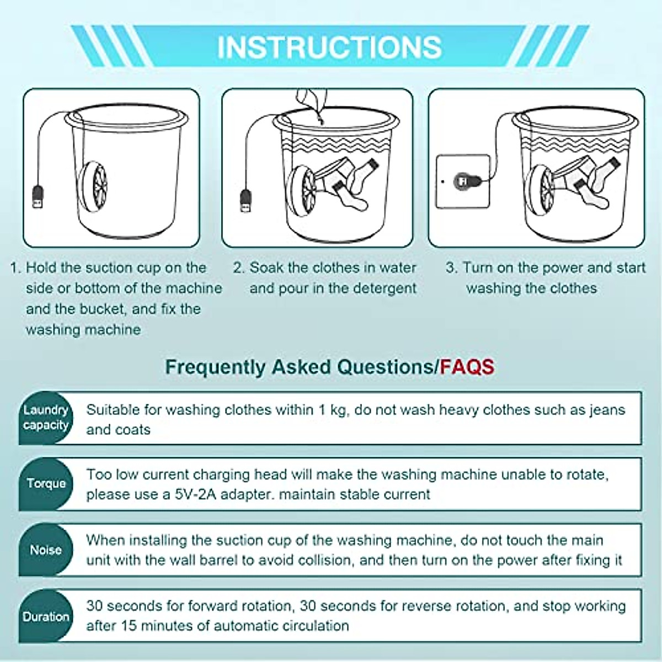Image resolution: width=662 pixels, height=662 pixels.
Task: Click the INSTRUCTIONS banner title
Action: pyautogui.click(x=329, y=47)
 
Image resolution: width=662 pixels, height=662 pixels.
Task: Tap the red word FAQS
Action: pyautogui.click(x=467, y=367)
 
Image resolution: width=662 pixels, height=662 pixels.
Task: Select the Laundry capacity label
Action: pyautogui.click(x=46, y=418)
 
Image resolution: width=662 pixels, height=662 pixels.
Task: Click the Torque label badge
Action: pyautogui.click(x=46, y=483)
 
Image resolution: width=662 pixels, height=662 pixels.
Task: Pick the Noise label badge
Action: pyautogui.click(x=46, y=549)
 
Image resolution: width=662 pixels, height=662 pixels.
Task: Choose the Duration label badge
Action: pyautogui.click(x=46, y=616)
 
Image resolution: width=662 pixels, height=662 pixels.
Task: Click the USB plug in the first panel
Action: pyautogui.click(x=38, y=197)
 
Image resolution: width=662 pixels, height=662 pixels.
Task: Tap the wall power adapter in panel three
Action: pyautogui.click(x=462, y=181)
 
